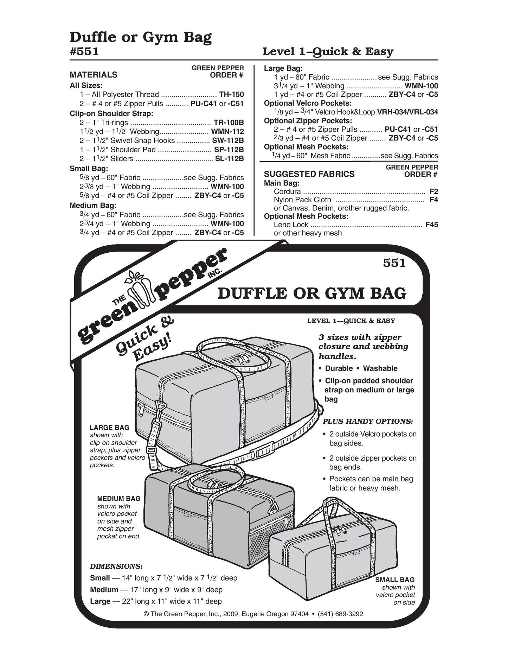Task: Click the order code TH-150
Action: tap(231, 94)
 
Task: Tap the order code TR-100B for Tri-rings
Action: tap(229, 122)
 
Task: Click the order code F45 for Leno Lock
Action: tap(431, 224)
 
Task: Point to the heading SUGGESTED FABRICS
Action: tap(309, 174)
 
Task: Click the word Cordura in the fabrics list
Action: tap(287, 191)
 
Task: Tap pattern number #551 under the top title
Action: tap(84, 51)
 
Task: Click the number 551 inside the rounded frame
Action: tap(394, 263)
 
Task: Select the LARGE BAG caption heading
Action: tap(109, 428)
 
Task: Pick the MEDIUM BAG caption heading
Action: tap(119, 499)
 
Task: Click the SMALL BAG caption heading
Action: tap(395, 580)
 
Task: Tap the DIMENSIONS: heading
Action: tap(116, 567)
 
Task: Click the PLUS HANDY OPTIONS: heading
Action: tap(368, 421)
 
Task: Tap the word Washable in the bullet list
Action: tap(380, 368)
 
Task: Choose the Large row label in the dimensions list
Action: tap(100, 601)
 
